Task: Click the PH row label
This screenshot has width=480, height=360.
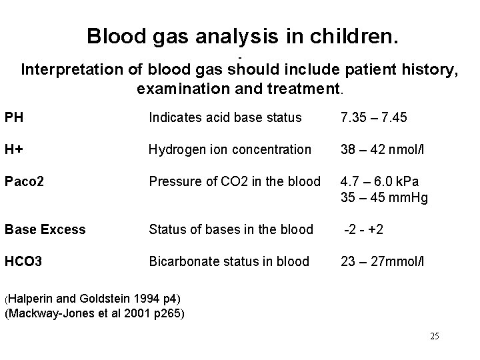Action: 13,118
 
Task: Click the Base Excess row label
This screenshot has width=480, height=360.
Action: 45,229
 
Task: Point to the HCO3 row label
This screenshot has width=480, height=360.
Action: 23,261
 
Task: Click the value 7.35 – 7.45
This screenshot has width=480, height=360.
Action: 373,118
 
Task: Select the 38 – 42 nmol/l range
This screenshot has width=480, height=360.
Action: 383,150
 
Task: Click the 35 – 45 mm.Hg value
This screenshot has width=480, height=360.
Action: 384,197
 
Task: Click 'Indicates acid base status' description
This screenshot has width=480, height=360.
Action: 225,118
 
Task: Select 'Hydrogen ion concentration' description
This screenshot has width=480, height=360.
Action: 230,150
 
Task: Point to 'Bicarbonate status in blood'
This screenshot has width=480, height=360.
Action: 229,261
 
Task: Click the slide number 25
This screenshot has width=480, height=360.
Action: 435,336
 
